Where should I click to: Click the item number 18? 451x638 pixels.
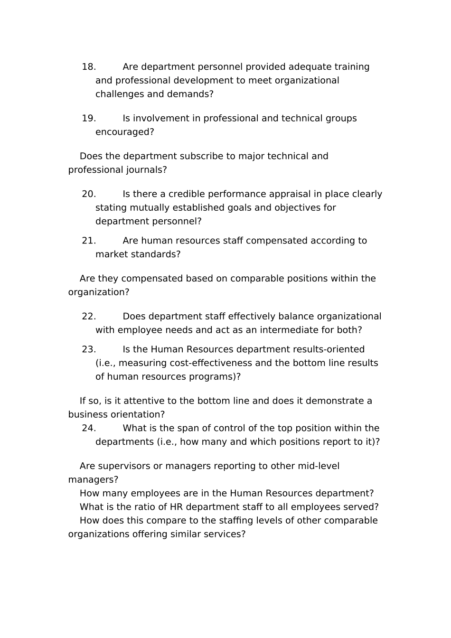[x=89, y=67]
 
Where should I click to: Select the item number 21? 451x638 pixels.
[x=89, y=241]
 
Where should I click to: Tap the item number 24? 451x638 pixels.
[x=89, y=428]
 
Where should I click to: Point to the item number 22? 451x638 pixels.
[x=89, y=317]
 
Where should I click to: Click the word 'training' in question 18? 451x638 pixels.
[x=351, y=67]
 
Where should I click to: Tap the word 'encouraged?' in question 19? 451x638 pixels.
[x=125, y=132]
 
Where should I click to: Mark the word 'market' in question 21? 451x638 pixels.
[x=111, y=254]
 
